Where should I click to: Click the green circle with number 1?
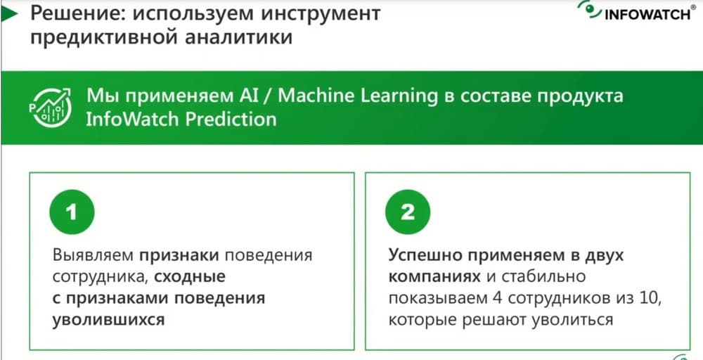[x=72, y=212]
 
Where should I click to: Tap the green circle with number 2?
[x=408, y=212]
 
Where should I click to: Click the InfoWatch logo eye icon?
[x=588, y=9]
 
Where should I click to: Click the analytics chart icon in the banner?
[x=50, y=108]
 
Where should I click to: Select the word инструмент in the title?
[x=320, y=14]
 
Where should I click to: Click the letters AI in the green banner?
[x=245, y=96]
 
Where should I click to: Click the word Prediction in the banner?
[x=231, y=120]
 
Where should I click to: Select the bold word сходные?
[x=190, y=277]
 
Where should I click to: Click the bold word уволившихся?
[x=108, y=320]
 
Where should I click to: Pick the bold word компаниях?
[x=434, y=277]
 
